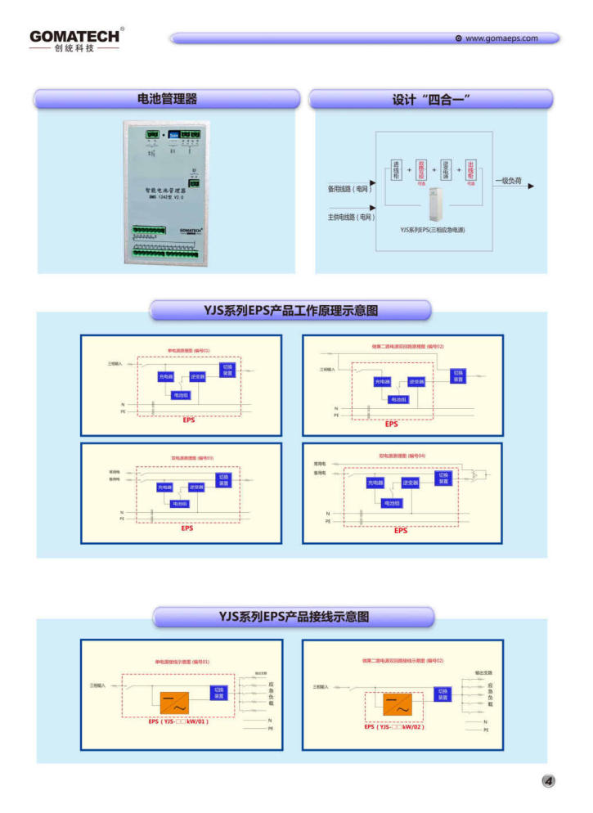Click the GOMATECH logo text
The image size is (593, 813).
tap(74, 36)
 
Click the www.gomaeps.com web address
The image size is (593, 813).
tap(501, 38)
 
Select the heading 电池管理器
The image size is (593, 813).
tap(167, 99)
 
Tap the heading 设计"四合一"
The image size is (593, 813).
tap(431, 99)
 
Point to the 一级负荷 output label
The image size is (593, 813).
tap(507, 180)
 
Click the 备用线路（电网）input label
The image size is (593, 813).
tap(348, 189)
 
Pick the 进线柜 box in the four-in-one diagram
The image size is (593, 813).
tap(397, 170)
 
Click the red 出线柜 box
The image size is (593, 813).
tap(470, 170)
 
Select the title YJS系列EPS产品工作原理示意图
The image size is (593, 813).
tap(290, 310)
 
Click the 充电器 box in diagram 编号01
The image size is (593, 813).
tap(166, 377)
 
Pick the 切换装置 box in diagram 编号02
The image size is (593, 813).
tap(458, 375)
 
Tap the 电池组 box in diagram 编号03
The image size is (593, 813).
tap(179, 503)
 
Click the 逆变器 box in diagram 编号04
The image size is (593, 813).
tap(410, 483)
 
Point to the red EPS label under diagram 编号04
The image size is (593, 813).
tap(400, 531)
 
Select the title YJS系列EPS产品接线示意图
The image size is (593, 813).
tap(294, 616)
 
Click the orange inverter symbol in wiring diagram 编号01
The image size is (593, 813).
tap(174, 703)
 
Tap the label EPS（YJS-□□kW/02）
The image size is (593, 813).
tap(394, 726)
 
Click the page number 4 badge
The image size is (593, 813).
tap(548, 781)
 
